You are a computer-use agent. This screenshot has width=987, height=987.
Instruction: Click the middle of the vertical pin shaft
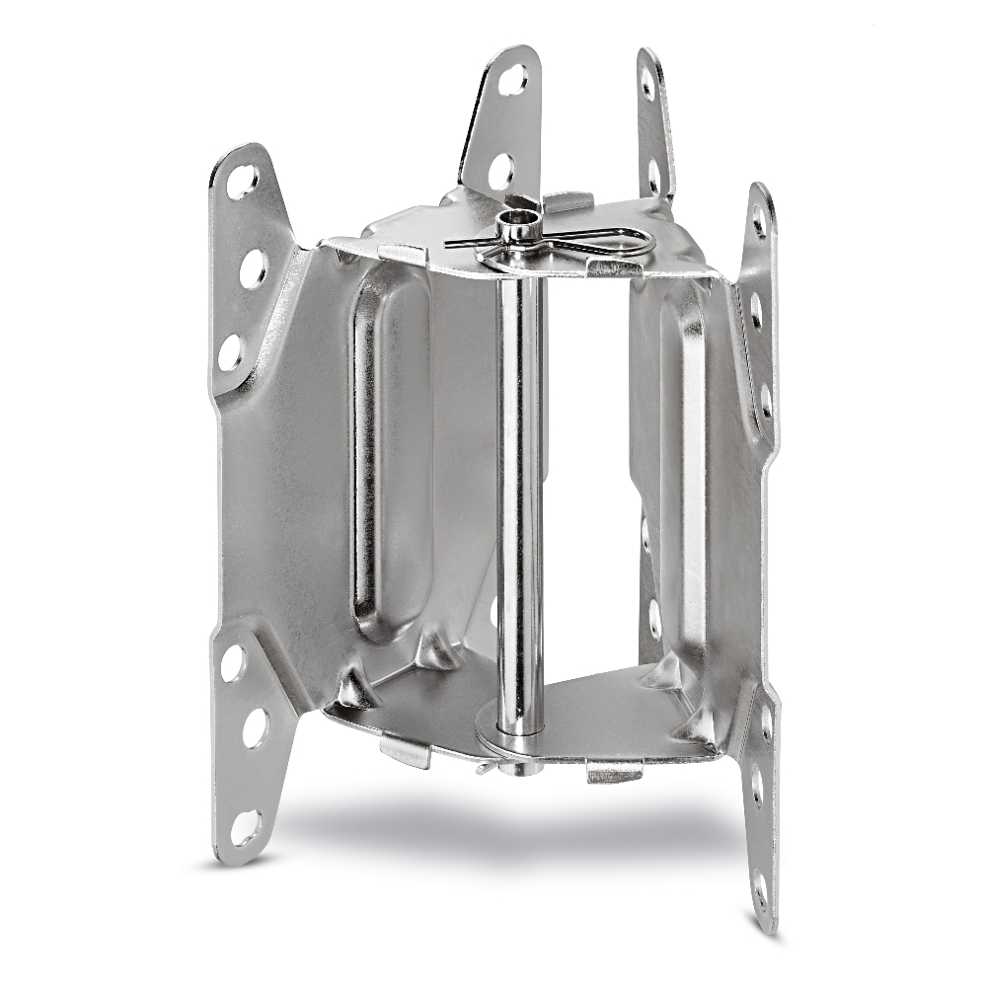519,474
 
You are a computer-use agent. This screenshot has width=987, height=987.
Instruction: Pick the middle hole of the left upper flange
252,267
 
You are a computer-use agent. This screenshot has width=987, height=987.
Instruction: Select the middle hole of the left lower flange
255,727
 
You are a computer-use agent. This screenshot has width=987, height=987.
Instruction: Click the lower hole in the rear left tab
501,171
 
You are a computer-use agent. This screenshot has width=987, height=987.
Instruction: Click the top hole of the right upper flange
759,223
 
